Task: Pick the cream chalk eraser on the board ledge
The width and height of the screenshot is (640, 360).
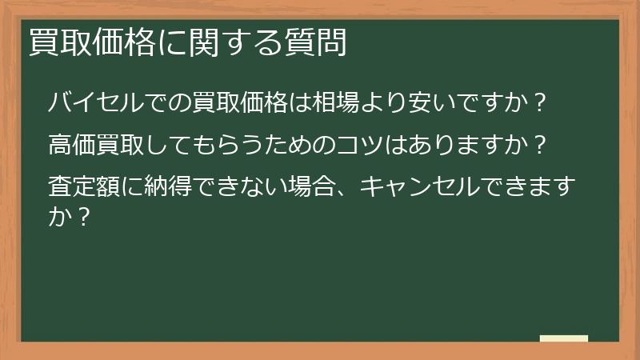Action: point(563,339)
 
